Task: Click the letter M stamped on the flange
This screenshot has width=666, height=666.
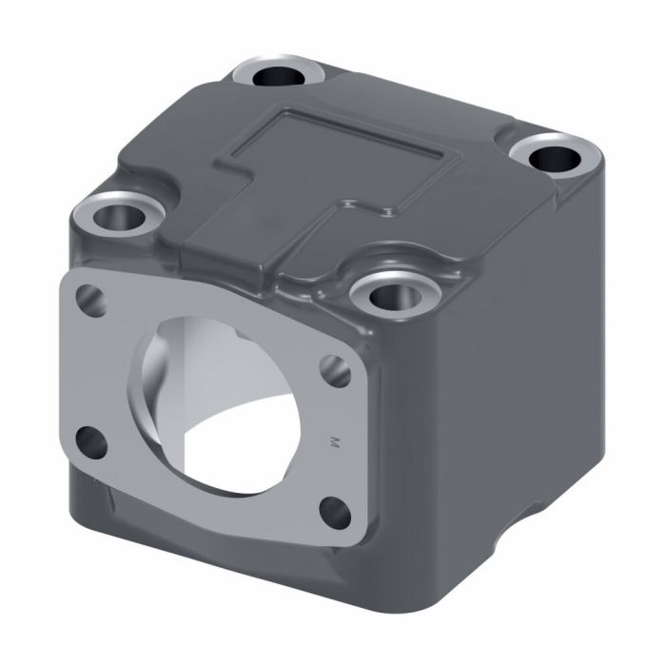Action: coord(333,441)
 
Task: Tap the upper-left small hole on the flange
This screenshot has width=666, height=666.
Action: coord(91,297)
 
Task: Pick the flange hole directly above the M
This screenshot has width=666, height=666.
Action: coord(332,367)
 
